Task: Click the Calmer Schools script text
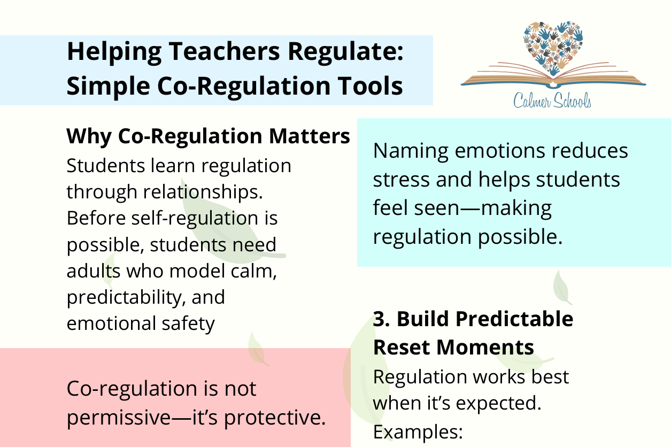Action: click(x=552, y=101)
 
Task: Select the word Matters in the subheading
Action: click(x=310, y=136)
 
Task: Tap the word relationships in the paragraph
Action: click(x=200, y=192)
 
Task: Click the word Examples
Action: click(x=418, y=433)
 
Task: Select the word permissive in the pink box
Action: click(x=119, y=418)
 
